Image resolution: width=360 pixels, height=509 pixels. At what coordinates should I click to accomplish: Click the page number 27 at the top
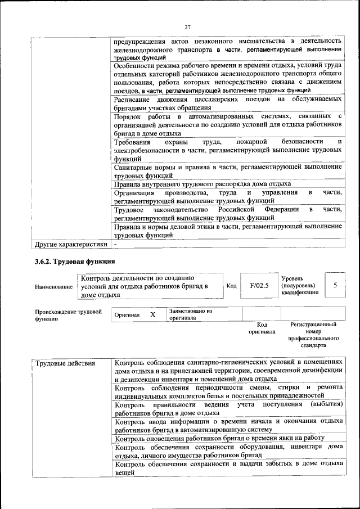[x=188, y=26]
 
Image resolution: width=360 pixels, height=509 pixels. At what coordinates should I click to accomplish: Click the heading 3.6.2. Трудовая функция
[x=75, y=262]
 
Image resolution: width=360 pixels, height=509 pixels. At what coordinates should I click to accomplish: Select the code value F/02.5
[x=259, y=285]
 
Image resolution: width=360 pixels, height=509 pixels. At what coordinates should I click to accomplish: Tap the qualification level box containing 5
[x=335, y=285]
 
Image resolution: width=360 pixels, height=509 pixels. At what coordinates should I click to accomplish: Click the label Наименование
[x=53, y=286]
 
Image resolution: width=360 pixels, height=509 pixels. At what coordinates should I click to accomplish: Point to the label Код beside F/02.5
[x=231, y=286]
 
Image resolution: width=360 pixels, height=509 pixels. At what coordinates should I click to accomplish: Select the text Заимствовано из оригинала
[x=190, y=314]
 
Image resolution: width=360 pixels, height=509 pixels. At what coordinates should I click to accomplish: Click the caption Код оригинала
[x=262, y=328]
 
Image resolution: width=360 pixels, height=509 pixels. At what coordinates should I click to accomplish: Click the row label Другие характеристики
[x=71, y=245]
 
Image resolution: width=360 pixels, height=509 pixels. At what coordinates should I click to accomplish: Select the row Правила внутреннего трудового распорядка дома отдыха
[x=202, y=184]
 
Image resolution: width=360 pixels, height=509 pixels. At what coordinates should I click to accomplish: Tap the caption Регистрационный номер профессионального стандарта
[x=313, y=335]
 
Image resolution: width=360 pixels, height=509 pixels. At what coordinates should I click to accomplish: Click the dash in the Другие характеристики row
[x=115, y=245]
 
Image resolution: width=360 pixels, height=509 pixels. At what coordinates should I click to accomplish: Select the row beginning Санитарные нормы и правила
[x=227, y=171]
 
